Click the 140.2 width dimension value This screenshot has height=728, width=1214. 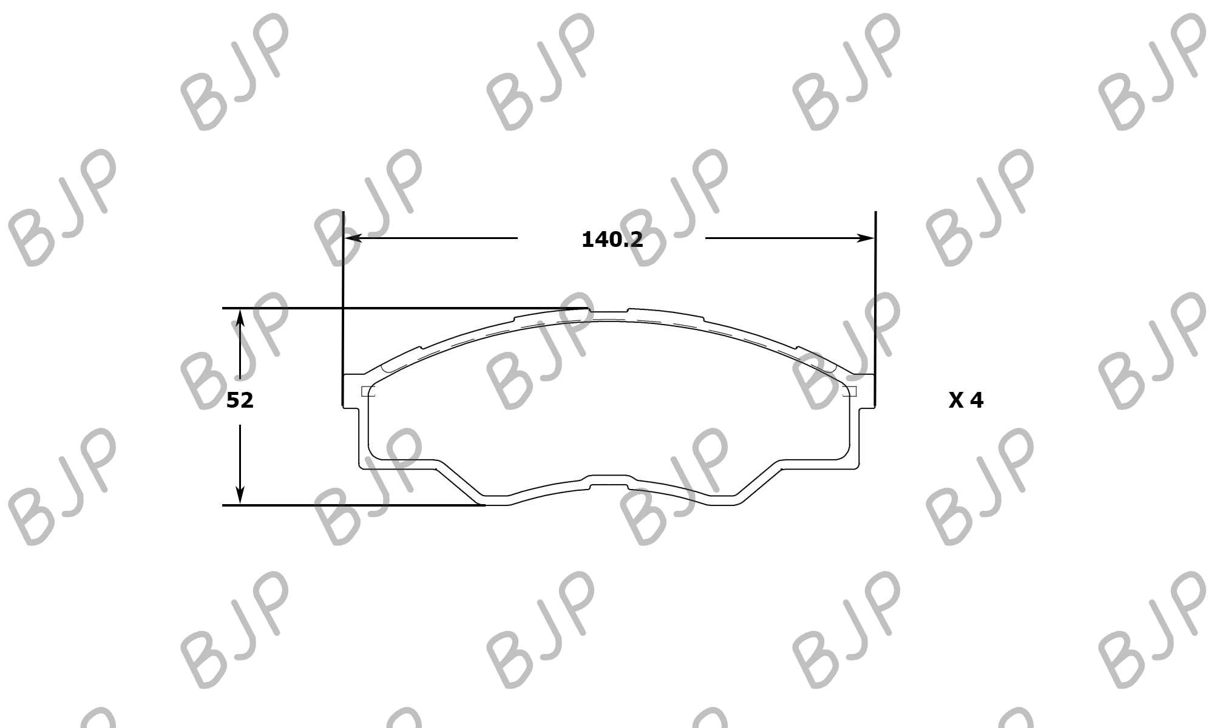612,240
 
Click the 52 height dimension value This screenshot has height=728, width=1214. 240,400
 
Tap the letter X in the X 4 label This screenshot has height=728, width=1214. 956,400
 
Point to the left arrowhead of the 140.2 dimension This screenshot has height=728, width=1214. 353,238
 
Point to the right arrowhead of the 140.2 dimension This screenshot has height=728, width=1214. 866,238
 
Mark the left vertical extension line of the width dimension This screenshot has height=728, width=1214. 343,308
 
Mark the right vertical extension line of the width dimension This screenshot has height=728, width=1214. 875,308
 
